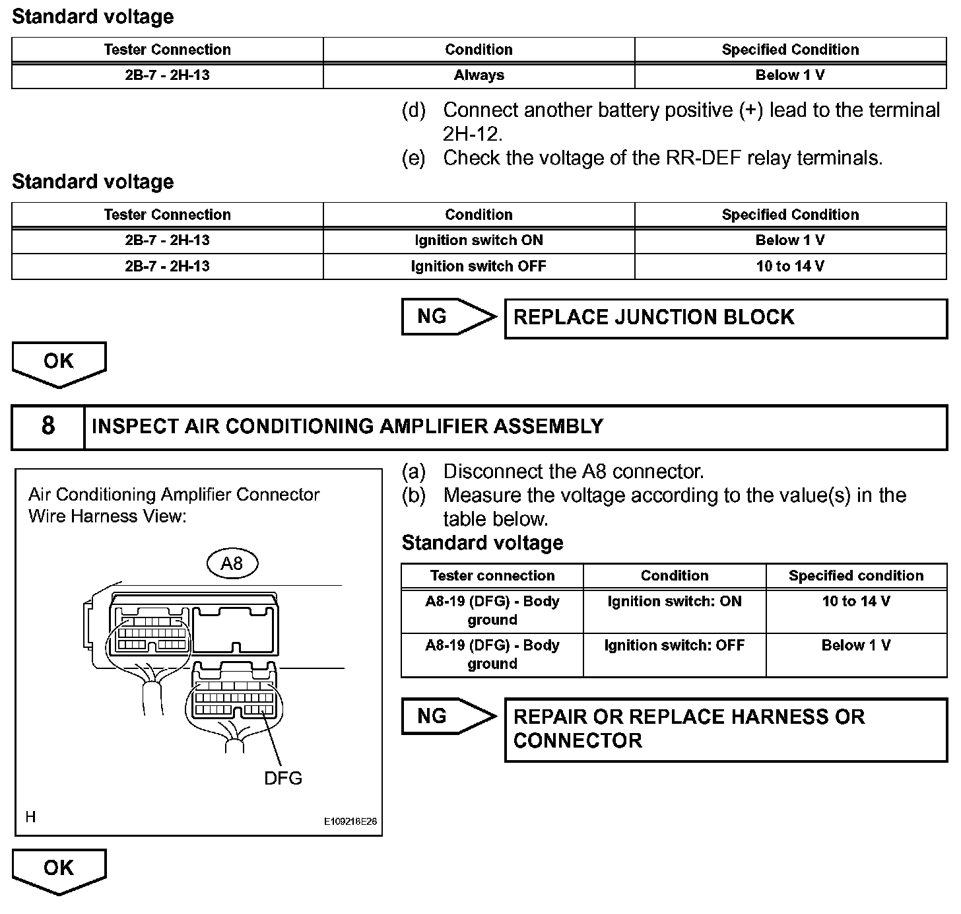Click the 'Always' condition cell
479,75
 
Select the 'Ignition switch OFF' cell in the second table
479,266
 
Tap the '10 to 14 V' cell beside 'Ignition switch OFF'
790,266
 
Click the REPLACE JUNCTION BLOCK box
725,318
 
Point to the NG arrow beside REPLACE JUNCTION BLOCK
447,317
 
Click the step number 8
48,426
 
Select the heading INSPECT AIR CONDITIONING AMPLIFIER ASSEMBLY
347,427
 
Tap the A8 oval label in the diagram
232,563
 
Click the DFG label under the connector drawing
283,779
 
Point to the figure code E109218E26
350,822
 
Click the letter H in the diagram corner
30,817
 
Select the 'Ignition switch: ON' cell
674,602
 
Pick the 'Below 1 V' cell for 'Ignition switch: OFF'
856,646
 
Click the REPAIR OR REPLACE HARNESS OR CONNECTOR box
725,729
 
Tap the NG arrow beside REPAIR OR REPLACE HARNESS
447,717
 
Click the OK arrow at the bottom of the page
59,870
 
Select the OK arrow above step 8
59,363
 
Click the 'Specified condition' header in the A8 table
856,576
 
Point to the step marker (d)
414,110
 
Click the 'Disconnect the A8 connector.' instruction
573,472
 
